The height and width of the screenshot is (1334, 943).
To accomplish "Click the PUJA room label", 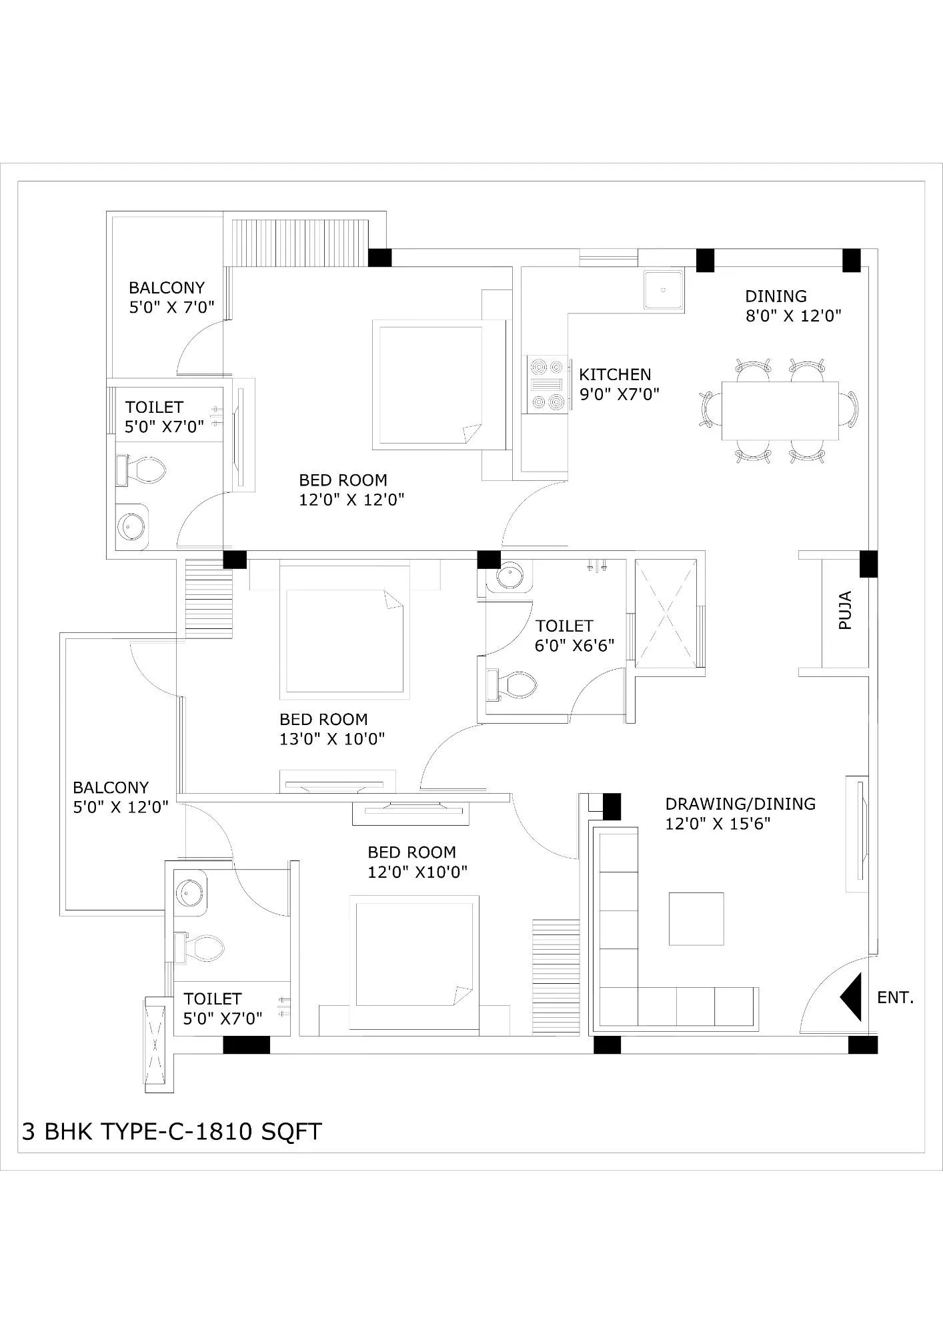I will [845, 610].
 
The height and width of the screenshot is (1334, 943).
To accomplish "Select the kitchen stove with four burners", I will [546, 384].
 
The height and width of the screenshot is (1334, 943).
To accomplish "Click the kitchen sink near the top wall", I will [664, 289].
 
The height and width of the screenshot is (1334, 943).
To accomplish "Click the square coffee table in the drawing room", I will [696, 918].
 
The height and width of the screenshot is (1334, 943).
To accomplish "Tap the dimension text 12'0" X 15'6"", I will [718, 824].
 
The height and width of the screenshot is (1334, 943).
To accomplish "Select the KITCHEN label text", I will [615, 374].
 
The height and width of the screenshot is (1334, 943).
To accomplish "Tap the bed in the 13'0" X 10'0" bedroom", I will [345, 641].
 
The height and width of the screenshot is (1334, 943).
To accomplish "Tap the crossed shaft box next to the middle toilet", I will [666, 613].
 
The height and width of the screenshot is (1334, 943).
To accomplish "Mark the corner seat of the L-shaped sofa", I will [619, 1007].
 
